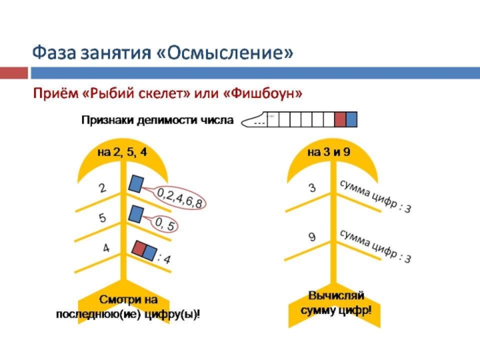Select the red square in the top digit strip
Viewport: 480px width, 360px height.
click(x=340, y=120)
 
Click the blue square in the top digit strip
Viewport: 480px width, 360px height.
click(x=352, y=120)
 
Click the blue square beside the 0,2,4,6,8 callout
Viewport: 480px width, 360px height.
click(x=137, y=183)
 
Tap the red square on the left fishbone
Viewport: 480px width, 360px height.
click(x=139, y=248)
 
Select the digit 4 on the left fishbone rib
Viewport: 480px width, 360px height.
click(x=106, y=247)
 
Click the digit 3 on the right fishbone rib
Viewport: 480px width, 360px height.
click(x=312, y=188)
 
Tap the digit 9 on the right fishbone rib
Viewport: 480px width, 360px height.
click(x=312, y=237)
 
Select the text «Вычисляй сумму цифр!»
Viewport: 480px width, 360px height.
click(x=335, y=303)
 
